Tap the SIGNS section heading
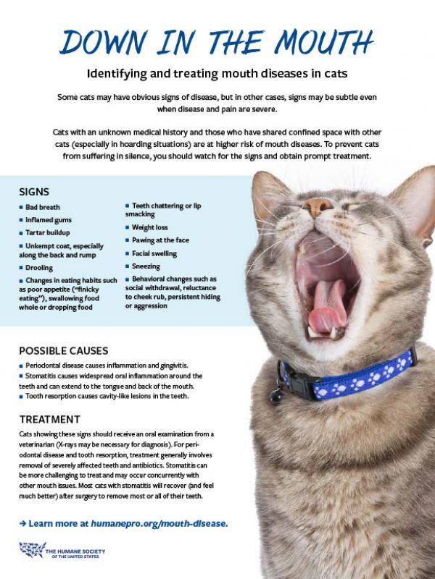pos(35,192)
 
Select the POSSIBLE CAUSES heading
pos(64,350)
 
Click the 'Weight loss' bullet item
pos(150,227)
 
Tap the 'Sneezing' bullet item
pos(147,266)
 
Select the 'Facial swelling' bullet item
pos(154,254)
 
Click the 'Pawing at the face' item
pos(160,240)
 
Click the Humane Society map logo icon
pos(31,551)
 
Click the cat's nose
pos(318,208)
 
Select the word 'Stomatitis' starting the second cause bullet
pos(43,376)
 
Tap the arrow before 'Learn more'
pos(23,522)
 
